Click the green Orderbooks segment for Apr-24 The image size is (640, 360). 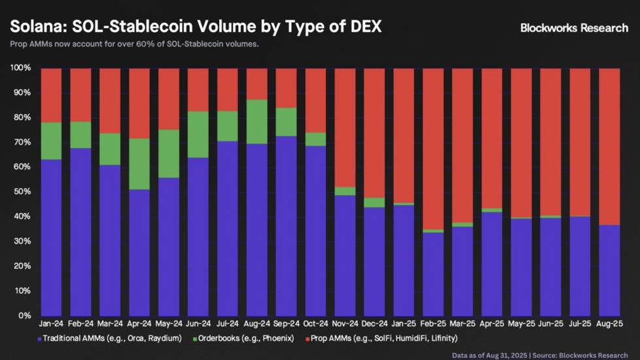tap(139, 164)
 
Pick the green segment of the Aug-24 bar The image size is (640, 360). tap(257, 122)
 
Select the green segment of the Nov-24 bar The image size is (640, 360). tap(345, 191)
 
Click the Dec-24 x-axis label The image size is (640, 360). tap(374, 323)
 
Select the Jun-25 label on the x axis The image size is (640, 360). tap(550, 323)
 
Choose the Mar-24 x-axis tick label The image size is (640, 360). tap(110, 323)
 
